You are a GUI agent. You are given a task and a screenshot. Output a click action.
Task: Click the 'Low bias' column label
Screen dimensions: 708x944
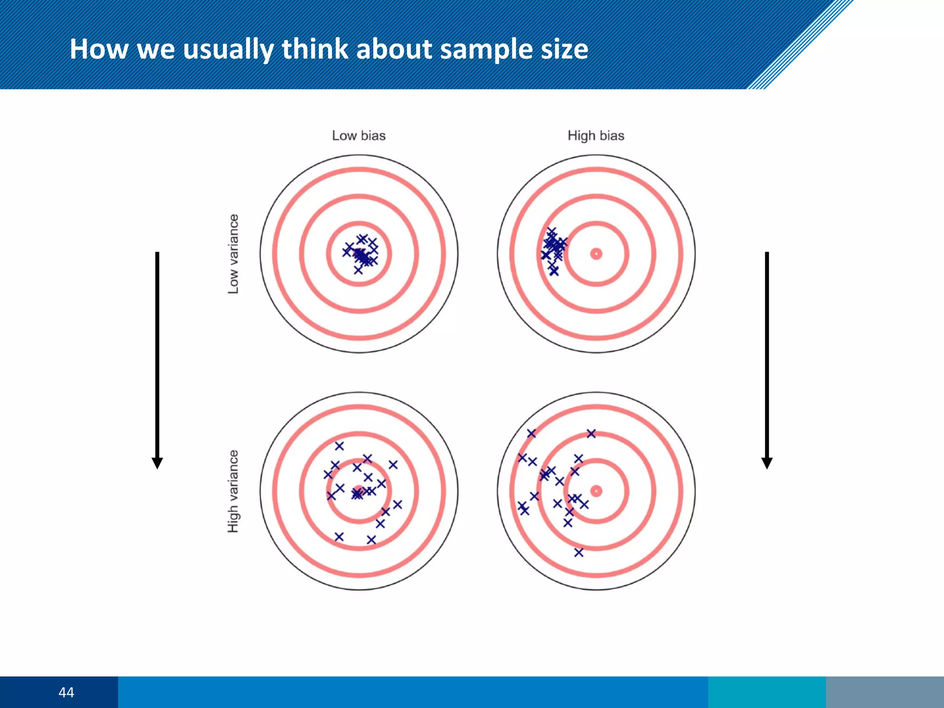coord(359,136)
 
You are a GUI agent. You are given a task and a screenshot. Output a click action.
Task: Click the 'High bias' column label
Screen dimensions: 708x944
coord(596,136)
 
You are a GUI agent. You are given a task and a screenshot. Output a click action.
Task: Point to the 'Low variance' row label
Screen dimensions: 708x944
coord(234,254)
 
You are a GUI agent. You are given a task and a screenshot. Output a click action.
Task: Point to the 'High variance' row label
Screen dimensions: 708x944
coord(234,491)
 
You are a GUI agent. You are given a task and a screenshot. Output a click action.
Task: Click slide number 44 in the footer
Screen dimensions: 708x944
coord(66,692)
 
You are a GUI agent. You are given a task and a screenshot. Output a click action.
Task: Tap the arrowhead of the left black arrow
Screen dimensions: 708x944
coord(157,463)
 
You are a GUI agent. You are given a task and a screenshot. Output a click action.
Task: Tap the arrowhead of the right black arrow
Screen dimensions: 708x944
coord(767,463)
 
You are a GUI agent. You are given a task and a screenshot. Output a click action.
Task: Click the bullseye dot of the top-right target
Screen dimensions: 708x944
coord(596,254)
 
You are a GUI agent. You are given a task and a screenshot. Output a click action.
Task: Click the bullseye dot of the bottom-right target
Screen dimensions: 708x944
coord(596,491)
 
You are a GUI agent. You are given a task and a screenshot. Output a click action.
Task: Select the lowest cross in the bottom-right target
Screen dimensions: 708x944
coord(579,552)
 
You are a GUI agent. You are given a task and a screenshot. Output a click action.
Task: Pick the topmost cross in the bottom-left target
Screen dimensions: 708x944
coord(339,446)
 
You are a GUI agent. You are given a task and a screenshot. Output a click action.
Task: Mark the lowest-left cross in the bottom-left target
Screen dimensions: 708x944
coord(339,537)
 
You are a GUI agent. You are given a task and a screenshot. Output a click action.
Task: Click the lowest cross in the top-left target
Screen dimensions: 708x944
coord(358,270)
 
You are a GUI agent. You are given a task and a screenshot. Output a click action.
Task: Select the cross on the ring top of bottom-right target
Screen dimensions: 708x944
coord(591,433)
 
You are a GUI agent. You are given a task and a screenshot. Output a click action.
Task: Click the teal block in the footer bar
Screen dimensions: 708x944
coord(767,692)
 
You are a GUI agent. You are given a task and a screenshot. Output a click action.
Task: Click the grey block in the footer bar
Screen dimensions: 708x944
coord(885,692)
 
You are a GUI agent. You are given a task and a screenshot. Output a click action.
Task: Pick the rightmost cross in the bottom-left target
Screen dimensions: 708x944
coord(397,504)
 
